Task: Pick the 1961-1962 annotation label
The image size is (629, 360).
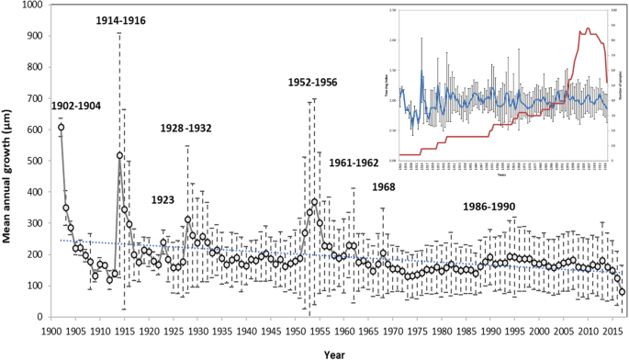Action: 354,163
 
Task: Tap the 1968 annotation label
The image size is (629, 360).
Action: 385,187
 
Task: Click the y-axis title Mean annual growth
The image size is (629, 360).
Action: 12,161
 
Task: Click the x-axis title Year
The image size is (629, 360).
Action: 333,351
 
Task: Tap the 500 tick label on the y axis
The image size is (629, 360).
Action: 34,161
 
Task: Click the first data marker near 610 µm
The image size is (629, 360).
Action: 62,127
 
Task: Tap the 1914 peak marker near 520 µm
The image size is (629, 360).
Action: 120,155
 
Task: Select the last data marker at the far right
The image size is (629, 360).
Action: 623,292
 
